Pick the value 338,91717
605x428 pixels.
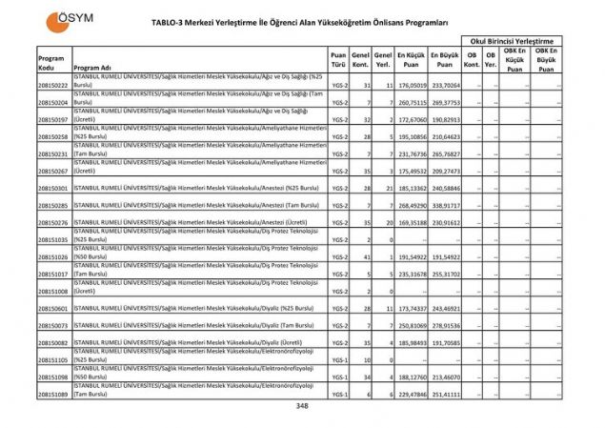(445, 206)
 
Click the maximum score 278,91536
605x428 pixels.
(445, 326)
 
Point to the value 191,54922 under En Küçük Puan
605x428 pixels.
(412, 257)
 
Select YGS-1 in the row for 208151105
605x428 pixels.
(339, 360)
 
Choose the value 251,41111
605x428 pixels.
(445, 395)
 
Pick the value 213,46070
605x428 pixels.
(445, 377)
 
